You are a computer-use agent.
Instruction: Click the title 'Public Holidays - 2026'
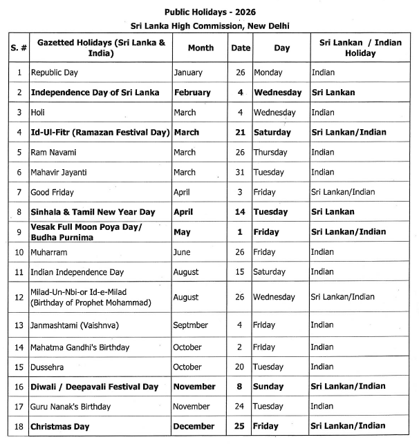(x=209, y=12)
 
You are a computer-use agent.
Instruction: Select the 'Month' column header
(x=201, y=48)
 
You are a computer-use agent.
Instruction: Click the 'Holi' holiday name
(x=37, y=113)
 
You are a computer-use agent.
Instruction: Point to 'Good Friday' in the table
(x=52, y=192)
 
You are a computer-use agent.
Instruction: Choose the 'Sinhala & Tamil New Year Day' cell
(x=92, y=212)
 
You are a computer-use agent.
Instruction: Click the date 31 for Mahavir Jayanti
(x=241, y=172)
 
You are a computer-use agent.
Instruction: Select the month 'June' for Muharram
(x=182, y=252)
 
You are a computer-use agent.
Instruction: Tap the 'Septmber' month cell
(x=191, y=325)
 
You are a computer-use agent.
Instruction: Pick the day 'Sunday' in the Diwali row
(x=268, y=387)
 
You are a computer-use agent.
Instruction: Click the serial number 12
(x=19, y=297)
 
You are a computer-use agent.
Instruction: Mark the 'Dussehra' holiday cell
(x=47, y=367)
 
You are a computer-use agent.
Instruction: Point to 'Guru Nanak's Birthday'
(x=71, y=407)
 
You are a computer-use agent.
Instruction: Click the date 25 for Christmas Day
(x=241, y=427)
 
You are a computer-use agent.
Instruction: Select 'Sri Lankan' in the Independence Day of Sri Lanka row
(x=333, y=93)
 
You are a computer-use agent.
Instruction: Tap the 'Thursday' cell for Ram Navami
(x=270, y=152)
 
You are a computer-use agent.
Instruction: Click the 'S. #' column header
(x=19, y=48)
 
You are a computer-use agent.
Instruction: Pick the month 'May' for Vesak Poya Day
(x=181, y=232)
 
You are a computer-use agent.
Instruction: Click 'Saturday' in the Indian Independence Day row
(x=270, y=272)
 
